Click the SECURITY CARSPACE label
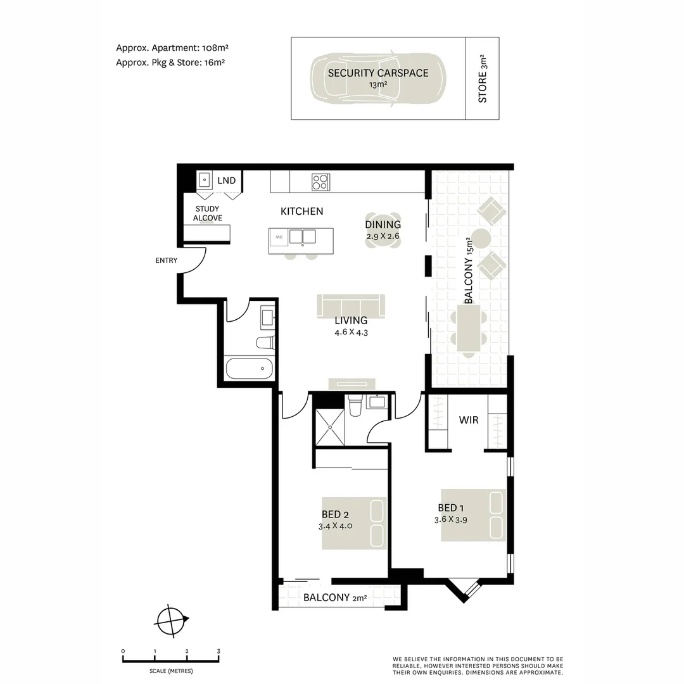[378, 73]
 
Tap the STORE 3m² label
[483, 87]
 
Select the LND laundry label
[226, 180]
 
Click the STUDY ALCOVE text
[207, 213]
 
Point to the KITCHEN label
[301, 212]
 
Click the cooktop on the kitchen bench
[320, 182]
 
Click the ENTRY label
[166, 260]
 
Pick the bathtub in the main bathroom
[249, 368]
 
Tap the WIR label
[469, 420]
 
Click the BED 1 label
[451, 508]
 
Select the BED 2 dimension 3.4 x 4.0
[335, 526]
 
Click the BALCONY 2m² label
[334, 597]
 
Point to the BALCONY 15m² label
[469, 271]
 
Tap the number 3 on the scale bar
[218, 651]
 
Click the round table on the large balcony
[481, 239]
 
